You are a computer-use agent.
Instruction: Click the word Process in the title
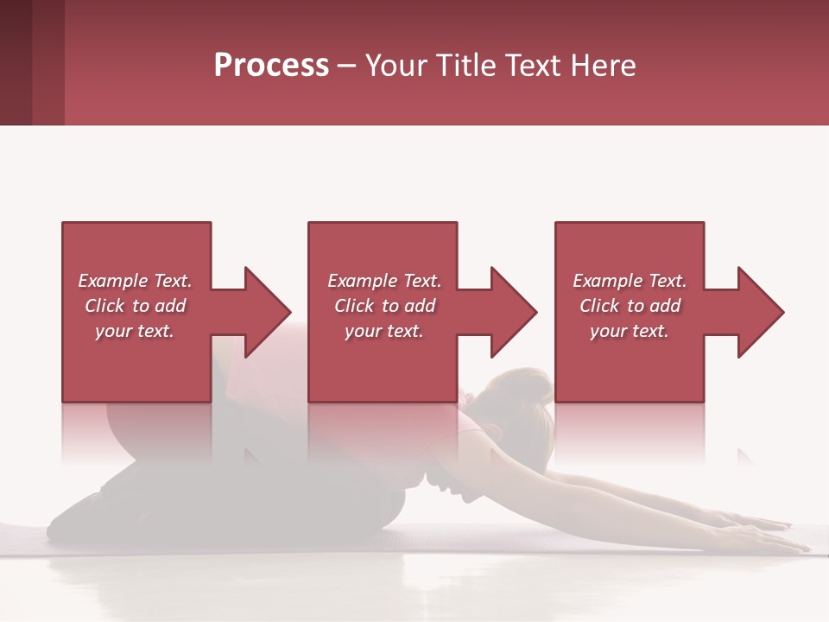(271, 66)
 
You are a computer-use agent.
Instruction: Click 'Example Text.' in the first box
(135, 281)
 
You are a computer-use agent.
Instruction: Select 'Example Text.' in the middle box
(384, 281)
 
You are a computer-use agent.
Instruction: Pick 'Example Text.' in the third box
(630, 281)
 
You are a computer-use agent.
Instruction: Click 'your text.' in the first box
(135, 331)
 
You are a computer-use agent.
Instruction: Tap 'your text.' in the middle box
(384, 331)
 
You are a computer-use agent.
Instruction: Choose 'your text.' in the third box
(630, 331)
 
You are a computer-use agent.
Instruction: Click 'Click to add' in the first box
(135, 306)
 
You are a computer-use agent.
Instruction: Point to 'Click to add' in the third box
(630, 306)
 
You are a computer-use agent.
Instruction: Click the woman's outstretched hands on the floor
(760, 531)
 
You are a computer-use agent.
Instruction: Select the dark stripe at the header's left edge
(16, 62)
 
